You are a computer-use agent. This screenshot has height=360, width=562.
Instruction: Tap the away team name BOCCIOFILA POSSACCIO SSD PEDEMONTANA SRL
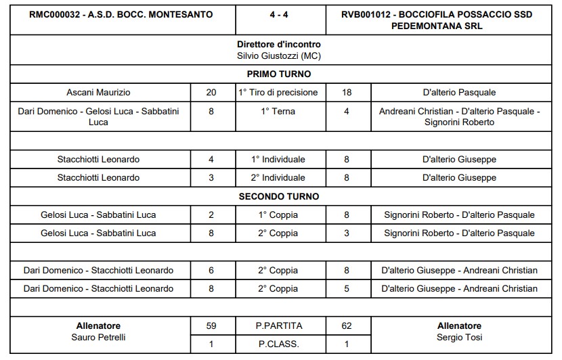(x=443, y=20)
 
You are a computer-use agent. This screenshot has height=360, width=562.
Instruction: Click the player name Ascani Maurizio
(x=99, y=92)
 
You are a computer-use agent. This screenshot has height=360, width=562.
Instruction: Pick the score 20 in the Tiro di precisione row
(x=211, y=92)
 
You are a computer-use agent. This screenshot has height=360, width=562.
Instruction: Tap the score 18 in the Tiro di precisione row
(x=347, y=92)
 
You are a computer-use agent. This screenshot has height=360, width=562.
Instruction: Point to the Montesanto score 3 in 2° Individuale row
(x=211, y=178)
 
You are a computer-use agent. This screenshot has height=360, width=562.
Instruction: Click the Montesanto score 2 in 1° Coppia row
(x=211, y=215)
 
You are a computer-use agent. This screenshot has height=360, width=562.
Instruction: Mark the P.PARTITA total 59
(x=211, y=325)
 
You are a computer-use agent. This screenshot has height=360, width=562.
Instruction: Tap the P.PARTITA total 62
(x=347, y=325)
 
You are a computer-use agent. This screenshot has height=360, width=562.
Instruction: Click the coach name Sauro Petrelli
(x=99, y=336)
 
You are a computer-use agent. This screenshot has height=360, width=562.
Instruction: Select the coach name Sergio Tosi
(x=459, y=336)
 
